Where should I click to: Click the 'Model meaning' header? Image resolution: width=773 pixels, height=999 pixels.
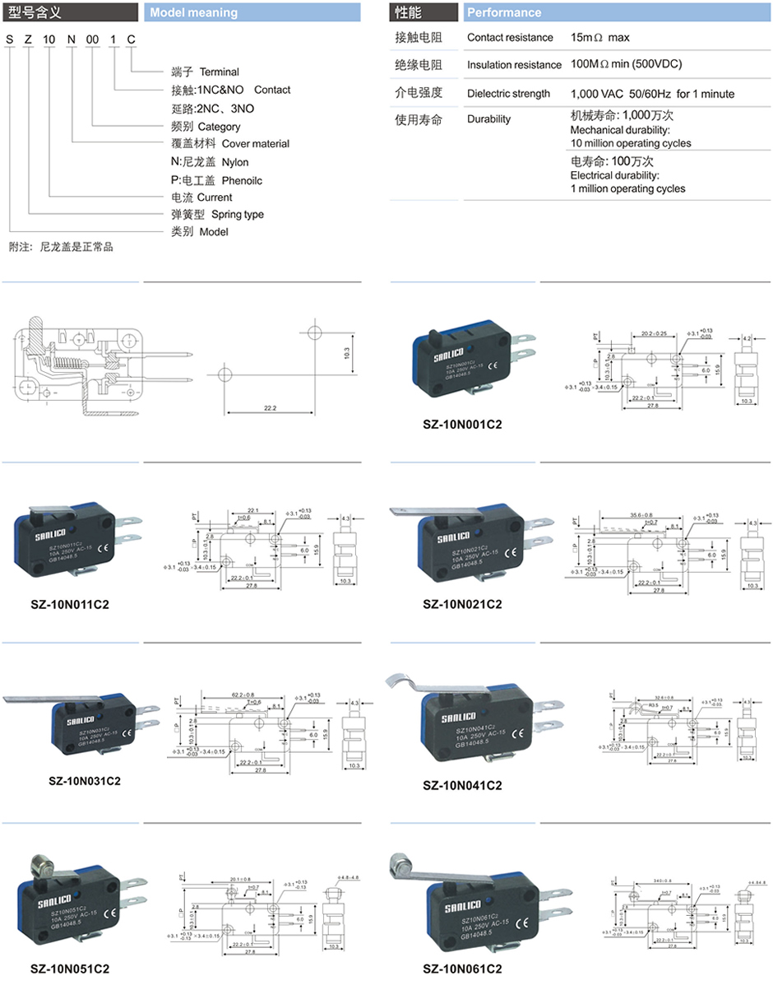195,12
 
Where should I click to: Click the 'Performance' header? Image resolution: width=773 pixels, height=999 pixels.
504,12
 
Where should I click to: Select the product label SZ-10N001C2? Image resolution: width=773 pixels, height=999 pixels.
461,424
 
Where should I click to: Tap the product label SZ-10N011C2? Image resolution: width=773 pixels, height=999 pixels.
70,604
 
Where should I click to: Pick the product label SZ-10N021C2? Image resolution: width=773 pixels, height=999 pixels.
461,604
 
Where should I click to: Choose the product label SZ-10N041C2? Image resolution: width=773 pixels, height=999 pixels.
461,784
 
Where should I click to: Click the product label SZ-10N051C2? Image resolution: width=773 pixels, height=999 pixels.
70,969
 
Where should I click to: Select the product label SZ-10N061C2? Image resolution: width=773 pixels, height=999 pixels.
461,969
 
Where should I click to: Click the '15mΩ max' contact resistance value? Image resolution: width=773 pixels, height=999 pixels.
599,38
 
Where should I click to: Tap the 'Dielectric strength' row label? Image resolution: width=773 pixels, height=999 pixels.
508,94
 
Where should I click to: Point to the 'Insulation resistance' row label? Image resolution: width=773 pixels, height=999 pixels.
514,65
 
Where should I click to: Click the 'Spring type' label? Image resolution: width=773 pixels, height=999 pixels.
238,215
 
